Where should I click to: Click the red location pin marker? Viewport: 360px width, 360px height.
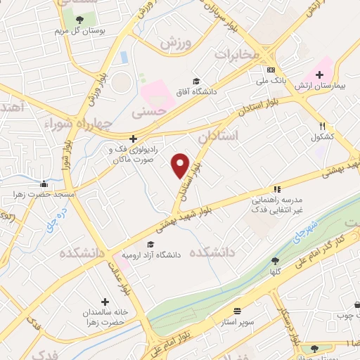point(181,165)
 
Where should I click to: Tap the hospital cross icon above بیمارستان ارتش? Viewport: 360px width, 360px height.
point(320,74)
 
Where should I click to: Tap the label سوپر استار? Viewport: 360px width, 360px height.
point(236,321)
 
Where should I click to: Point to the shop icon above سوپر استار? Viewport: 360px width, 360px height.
point(236,310)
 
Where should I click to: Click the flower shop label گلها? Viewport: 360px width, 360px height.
point(274,271)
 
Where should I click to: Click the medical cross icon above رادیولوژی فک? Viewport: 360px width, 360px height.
point(133,139)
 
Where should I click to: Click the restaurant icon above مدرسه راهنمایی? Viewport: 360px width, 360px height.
point(277,189)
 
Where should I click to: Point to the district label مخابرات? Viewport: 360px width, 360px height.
point(238,55)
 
